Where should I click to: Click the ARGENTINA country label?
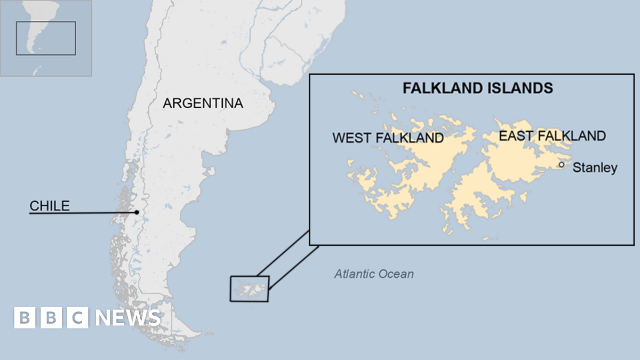[203, 103]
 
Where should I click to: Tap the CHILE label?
[50, 206]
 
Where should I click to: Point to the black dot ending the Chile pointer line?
[137, 212]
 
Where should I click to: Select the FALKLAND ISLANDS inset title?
[477, 88]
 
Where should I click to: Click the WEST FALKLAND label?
[388, 138]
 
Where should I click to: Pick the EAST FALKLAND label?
[552, 136]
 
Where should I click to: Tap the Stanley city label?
[595, 168]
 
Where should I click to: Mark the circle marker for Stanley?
[562, 165]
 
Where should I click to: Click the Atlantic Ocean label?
[374, 274]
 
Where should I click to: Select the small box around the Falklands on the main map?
[249, 289]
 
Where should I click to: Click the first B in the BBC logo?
[25, 318]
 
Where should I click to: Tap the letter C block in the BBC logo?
[78, 318]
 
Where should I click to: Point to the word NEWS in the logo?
[128, 318]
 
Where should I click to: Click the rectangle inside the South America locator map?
[45, 38]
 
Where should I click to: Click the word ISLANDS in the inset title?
[523, 88]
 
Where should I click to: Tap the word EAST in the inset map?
[516, 136]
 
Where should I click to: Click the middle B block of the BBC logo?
[51, 318]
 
